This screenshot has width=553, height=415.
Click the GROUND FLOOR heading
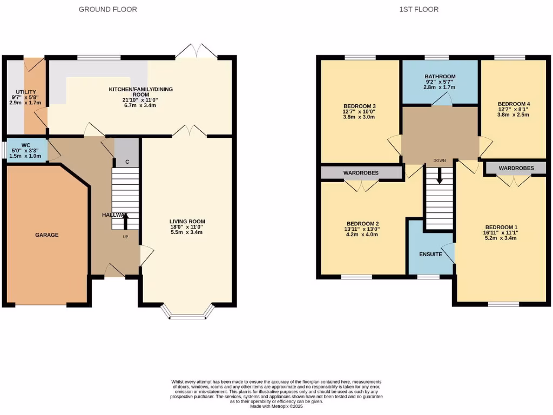point(107,9)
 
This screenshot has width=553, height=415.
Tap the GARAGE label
point(47,235)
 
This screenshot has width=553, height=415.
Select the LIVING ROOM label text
point(187,222)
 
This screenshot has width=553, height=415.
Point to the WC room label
point(26,145)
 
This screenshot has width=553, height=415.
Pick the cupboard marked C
point(127,162)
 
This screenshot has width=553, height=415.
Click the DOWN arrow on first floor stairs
point(439,175)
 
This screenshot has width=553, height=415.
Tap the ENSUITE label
point(430,254)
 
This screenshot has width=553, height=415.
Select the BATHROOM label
point(440,77)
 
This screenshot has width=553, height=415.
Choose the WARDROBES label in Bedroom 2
point(361,172)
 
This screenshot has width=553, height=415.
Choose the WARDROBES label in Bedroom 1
point(516,168)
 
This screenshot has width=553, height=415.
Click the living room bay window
point(187,314)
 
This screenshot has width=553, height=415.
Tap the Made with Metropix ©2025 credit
point(276,407)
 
